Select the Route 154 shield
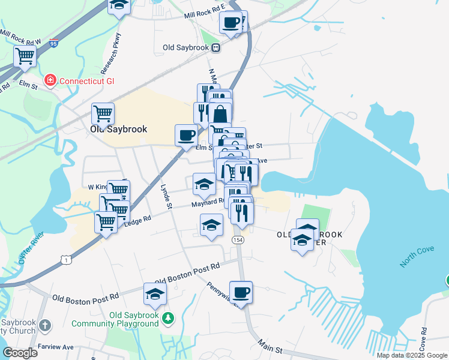coord(238,239)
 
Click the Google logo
coord(20,352)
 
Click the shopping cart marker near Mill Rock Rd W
coord(25,56)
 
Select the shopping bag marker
coord(220,113)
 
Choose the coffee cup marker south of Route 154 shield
coord(241,292)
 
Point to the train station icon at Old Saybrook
coord(215,47)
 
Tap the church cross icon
coord(46,325)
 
